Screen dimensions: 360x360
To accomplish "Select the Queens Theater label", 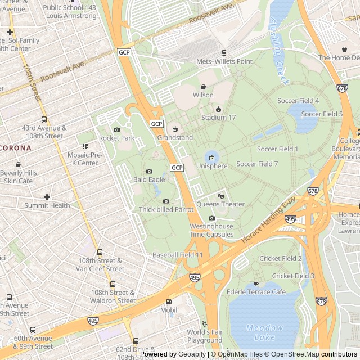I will pyautogui.click(x=220, y=204).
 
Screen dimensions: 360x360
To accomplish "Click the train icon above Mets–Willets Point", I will pyautogui.click(x=223, y=53).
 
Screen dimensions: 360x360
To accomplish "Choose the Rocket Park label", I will pyautogui.click(x=116, y=138).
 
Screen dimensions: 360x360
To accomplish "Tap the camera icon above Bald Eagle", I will pyautogui.click(x=149, y=171).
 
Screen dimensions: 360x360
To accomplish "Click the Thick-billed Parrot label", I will pyautogui.click(x=166, y=209).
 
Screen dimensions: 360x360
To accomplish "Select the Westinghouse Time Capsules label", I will pyautogui.click(x=211, y=230).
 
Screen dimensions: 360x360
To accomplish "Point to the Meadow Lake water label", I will pyautogui.click(x=264, y=332).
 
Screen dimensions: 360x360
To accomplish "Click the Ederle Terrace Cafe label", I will pyautogui.click(x=256, y=292).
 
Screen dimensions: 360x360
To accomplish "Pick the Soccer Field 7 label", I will pyautogui.click(x=257, y=164).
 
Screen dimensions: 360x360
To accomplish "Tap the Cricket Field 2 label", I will pyautogui.click(x=280, y=258).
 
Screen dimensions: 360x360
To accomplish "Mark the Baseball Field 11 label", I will pyautogui.click(x=177, y=255).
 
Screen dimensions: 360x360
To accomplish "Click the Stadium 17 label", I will pyautogui.click(x=219, y=118).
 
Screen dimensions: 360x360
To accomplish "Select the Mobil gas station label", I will pyautogui.click(x=169, y=310).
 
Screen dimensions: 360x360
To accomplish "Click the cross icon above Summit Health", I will pyautogui.click(x=47, y=197).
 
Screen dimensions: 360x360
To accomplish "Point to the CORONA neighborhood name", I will pyautogui.click(x=16, y=147).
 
